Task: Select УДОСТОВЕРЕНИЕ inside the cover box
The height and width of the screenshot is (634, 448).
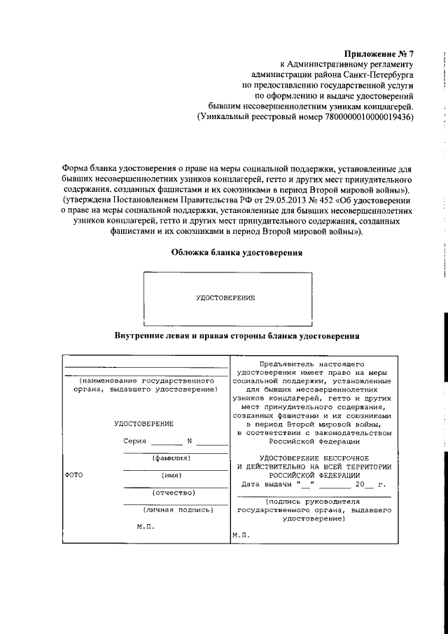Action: pyautogui.click(x=225, y=298)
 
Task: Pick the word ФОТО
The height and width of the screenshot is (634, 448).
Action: pyautogui.click(x=73, y=475)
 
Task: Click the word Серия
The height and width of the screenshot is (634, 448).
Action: pyautogui.click(x=135, y=441)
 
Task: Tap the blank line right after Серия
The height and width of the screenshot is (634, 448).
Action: pyautogui.click(x=167, y=443)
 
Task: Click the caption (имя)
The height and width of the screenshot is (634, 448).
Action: pyautogui.click(x=171, y=475)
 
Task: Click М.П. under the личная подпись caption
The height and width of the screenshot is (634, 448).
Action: pyautogui.click(x=145, y=525)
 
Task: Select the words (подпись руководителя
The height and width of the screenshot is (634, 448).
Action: pyautogui.click(x=313, y=502)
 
